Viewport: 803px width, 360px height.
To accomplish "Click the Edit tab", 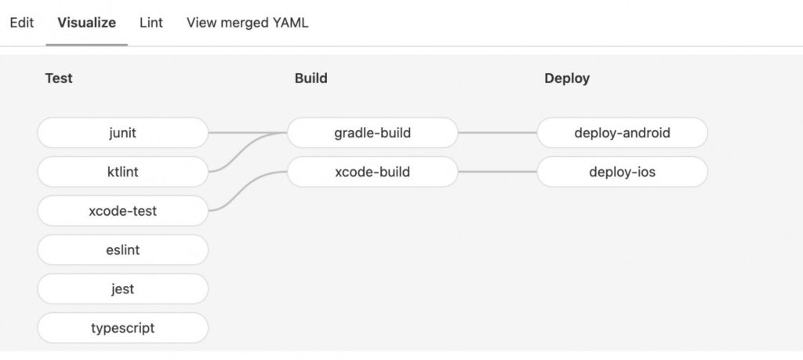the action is (x=21, y=23).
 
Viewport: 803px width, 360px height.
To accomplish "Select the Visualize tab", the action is (x=86, y=23).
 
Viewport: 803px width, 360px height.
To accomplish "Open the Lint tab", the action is (x=151, y=23).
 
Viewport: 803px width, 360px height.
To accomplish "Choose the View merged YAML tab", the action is (x=247, y=23).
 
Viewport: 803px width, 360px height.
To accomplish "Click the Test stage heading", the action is (x=59, y=78).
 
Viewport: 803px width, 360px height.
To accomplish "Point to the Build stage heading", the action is (x=311, y=78).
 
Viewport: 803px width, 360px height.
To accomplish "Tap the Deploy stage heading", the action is (x=567, y=78).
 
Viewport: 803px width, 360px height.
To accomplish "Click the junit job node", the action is (x=123, y=133).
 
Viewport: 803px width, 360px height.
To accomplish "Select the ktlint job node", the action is (x=123, y=172).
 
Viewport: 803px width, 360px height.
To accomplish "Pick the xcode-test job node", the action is (x=123, y=210).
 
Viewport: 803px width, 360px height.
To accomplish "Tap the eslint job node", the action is (x=123, y=250).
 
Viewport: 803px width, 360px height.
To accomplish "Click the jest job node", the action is (x=123, y=289).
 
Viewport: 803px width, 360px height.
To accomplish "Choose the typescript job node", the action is (x=123, y=328).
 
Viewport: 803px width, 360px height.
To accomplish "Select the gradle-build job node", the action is (x=372, y=133).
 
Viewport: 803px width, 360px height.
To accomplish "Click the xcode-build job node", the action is (x=372, y=172).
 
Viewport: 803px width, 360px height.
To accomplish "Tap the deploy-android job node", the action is (x=622, y=133).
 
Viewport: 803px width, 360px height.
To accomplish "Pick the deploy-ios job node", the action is (x=622, y=172).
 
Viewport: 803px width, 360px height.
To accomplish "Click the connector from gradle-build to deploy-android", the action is (x=497, y=133).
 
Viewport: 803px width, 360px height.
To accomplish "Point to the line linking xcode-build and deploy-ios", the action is (x=497, y=172).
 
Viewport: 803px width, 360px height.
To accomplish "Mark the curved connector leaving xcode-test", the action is (x=248, y=191).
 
